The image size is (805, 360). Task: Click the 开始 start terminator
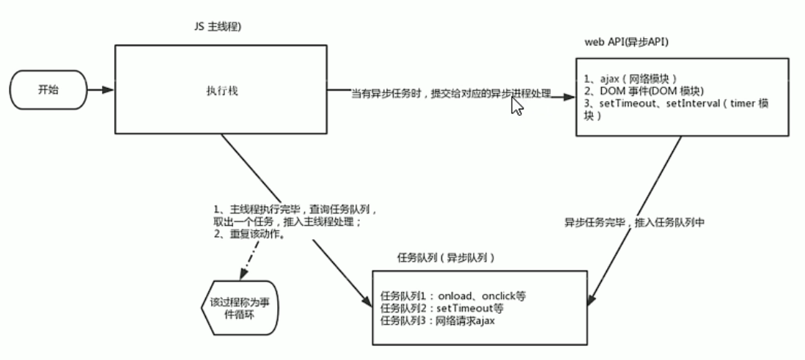pos(48,90)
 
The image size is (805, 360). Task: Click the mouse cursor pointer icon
pos(517,106)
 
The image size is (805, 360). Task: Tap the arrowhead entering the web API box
pos(570,95)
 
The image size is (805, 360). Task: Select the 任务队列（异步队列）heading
pos(445,258)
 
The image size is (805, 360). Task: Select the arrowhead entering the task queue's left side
pos(367,303)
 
